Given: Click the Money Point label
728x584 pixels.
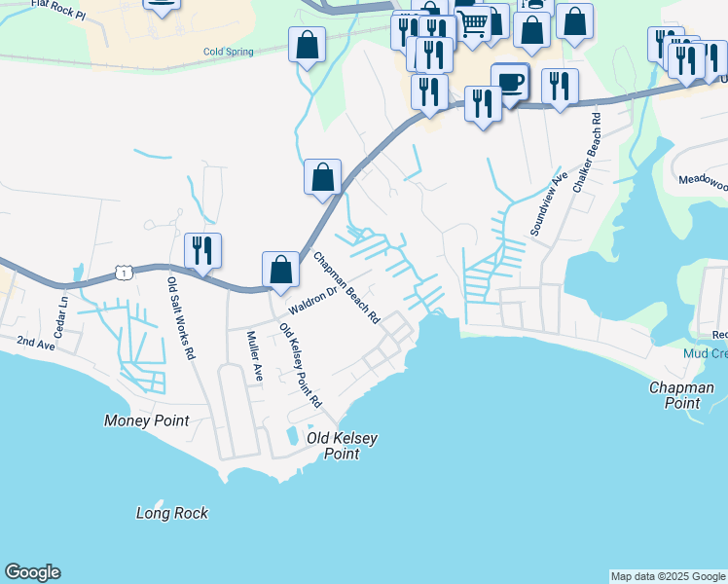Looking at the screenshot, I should point(146,420).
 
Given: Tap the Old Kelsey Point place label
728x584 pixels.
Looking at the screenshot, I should point(342,446).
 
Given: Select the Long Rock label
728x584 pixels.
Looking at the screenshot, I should point(172,513).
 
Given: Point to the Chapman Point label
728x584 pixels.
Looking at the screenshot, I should point(681,394).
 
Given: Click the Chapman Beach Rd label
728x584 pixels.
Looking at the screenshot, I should point(346,288).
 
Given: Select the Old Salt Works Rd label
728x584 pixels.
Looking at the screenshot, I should point(181,318).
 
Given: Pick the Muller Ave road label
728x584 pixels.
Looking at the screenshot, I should point(254,354).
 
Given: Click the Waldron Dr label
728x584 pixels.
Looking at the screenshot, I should point(311,299).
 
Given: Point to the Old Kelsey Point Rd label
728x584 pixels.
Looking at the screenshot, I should point(301,365).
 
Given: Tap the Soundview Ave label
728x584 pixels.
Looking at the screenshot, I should point(546,203).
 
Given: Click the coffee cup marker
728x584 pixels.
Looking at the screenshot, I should point(509,83).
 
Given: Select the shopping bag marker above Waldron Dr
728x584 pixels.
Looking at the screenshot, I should point(280,272).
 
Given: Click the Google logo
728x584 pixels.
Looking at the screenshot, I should point(32,572).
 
